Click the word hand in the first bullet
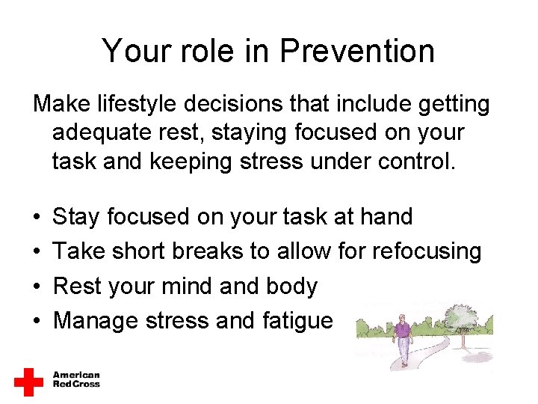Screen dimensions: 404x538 [386, 217]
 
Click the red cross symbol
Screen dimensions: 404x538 [29, 381]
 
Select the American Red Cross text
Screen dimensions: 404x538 [76, 379]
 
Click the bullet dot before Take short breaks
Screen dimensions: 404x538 [37, 252]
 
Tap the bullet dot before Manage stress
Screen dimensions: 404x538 [37, 321]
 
